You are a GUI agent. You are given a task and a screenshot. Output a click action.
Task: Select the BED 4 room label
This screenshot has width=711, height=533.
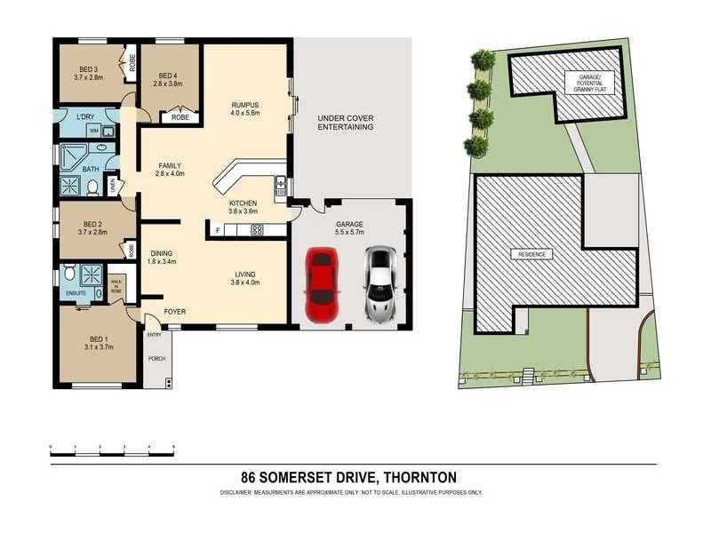[170, 76]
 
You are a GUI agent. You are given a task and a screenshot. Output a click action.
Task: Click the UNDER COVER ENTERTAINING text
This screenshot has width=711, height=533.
[345, 123]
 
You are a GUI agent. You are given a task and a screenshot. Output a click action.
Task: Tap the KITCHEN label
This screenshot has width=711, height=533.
[243, 203]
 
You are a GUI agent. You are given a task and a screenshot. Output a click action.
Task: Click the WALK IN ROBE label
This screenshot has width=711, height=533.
[116, 285]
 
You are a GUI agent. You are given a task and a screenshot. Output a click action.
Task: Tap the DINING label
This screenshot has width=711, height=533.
[161, 252]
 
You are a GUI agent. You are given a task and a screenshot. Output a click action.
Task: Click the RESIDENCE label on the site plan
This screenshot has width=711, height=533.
[531, 255]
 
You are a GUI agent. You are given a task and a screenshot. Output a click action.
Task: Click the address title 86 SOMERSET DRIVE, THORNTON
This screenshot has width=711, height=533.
[355, 477]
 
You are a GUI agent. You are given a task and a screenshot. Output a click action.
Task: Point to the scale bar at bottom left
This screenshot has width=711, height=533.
[112, 451]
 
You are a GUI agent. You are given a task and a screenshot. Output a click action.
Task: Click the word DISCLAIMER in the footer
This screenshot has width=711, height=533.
[237, 492]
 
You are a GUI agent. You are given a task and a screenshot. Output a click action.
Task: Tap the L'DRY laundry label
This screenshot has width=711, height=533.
[86, 117]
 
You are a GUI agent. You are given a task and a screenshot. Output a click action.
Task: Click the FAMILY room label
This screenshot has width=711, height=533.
[170, 165]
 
